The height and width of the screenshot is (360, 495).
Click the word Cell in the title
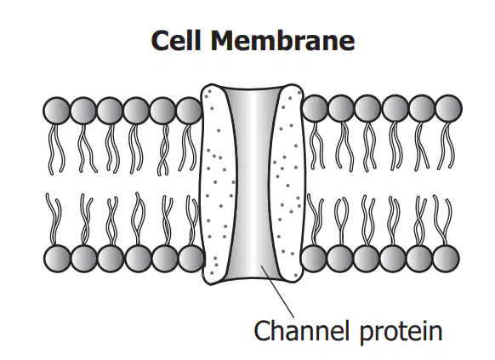176,40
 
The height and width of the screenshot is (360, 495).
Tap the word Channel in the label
302,330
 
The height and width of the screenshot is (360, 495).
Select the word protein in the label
401,332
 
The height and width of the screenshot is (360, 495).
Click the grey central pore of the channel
254,183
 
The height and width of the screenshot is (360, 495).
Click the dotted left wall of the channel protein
218,184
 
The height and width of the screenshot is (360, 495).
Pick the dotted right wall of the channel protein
288,183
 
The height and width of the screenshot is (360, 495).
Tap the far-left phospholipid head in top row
57,111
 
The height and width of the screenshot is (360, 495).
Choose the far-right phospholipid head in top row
448,108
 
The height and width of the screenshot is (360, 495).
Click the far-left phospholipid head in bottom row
58,259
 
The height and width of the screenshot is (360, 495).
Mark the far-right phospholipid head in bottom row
446,259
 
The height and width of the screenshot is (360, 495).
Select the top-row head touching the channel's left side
189,111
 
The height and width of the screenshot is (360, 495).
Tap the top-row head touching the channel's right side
315,108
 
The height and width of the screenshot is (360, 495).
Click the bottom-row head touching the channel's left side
191,259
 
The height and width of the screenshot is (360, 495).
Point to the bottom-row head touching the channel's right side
314,259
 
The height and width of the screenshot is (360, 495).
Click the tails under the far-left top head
57,148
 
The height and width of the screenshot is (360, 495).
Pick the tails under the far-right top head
446,146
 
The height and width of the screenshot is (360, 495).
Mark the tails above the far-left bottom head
54,220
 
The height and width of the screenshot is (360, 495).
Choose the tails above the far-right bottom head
443,220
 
